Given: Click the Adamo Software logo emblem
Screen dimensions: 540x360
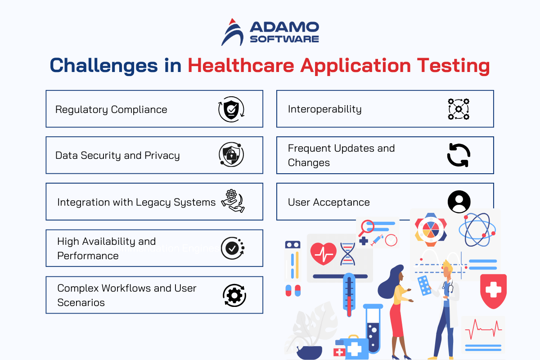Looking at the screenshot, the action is [x=232, y=32].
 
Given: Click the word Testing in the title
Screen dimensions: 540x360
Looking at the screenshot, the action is [x=453, y=66].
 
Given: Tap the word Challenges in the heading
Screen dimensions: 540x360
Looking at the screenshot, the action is [x=103, y=66].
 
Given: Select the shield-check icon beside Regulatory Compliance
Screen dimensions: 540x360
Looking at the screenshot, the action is [x=231, y=109].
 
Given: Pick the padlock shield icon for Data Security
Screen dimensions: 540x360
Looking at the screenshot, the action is [x=231, y=154].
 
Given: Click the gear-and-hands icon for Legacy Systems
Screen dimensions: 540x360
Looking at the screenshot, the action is [x=233, y=201].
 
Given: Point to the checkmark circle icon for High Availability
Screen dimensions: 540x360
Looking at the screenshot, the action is [x=233, y=248].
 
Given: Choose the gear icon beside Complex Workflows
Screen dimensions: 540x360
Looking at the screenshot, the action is [x=234, y=295].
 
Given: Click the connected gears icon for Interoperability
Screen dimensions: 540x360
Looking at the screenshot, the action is [x=459, y=109].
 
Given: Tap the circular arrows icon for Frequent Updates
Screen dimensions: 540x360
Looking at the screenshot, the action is [x=459, y=155].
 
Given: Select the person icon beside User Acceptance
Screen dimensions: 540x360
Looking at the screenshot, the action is [x=459, y=202].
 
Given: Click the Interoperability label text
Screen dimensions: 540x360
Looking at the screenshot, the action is [x=325, y=109].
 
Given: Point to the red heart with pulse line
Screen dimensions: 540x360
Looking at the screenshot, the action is [x=323, y=254].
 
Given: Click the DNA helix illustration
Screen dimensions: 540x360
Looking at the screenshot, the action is [x=347, y=254].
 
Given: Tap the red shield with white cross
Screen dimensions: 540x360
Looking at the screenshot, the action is [x=493, y=291].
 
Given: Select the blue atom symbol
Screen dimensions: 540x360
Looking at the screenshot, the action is [x=477, y=229].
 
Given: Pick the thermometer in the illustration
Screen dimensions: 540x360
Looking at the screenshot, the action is [x=349, y=295].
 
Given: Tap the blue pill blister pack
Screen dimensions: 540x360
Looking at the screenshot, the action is [x=424, y=285].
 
